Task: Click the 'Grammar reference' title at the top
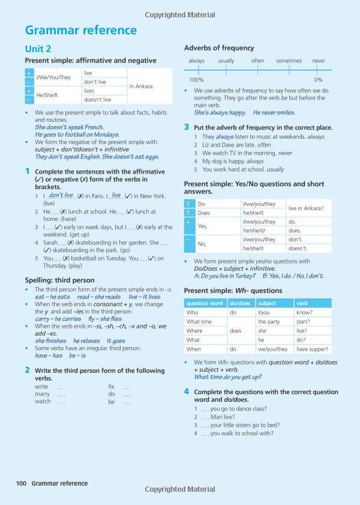point(81,30)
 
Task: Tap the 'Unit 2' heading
point(38,49)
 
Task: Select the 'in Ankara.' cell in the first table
point(142,86)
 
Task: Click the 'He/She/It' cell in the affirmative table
point(48,95)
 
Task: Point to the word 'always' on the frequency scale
point(196,61)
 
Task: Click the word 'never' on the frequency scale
point(319,61)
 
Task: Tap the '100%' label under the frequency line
point(196,80)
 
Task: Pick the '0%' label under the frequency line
point(318,80)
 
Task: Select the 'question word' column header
point(205,303)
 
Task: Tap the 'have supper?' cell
point(312,349)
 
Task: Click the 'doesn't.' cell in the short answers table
point(298,249)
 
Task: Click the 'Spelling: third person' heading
point(59,280)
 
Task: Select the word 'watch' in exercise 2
point(43,402)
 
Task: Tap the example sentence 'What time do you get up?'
point(227,377)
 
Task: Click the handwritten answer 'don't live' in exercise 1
point(61,195)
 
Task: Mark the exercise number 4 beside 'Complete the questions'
point(187,392)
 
